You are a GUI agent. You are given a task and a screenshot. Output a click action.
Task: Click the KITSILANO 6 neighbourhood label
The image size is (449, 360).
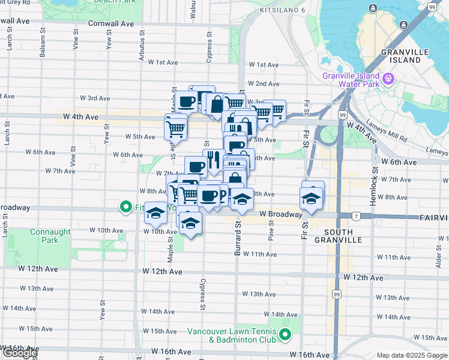coord(282,11)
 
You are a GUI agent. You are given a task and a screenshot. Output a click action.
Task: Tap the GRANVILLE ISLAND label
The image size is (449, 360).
coord(405,56)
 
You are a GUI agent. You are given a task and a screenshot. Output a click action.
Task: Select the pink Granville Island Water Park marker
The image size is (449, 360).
coord(389,78)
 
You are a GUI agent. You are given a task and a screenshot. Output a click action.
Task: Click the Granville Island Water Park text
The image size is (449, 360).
coord(351,80)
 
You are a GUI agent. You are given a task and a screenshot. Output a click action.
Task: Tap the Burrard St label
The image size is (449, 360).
coord(237,239)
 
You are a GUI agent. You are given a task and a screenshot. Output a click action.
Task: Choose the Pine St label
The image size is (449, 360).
coord(271,230)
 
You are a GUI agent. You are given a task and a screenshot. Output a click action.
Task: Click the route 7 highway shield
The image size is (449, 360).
coord(356,216)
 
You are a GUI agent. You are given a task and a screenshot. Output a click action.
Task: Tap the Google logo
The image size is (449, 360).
coord(19,353)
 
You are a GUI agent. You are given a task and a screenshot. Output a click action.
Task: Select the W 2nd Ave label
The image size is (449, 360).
coord(263,83)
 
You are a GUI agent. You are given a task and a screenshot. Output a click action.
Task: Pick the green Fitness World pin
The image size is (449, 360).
coord(126,208)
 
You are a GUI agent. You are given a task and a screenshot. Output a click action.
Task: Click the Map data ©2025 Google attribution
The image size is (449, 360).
coord(412,355)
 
